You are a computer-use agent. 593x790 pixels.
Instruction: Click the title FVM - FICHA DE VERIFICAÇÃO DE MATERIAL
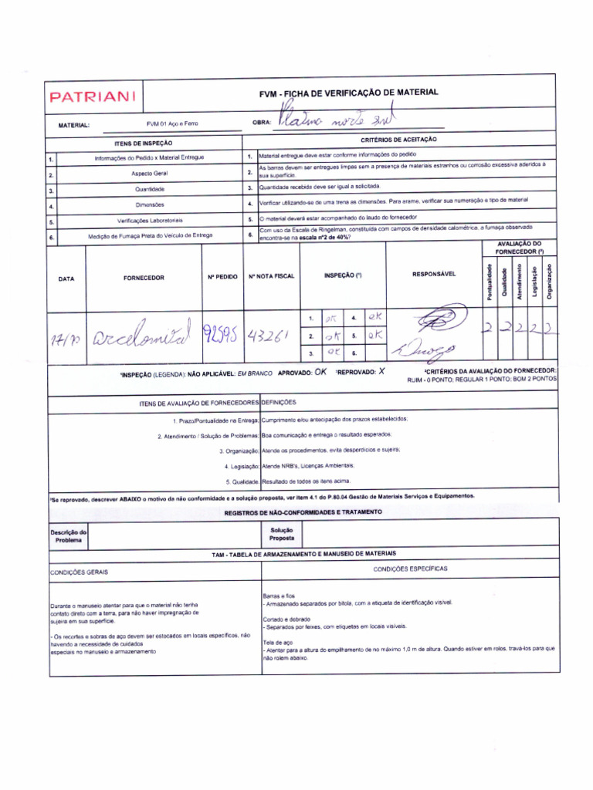pos(348,93)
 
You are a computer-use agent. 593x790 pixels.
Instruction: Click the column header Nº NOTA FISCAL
pos(271,276)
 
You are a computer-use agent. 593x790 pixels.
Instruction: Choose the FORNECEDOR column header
pos(144,278)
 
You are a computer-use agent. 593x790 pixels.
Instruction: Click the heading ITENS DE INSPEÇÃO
pos(144,143)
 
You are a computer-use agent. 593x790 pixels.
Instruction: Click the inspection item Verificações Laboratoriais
pos(150,221)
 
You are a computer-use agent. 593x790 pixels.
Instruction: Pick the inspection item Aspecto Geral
pos(148,174)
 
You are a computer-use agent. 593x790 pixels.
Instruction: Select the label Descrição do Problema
pos(69,535)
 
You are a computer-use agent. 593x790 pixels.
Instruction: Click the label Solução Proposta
pos(282,534)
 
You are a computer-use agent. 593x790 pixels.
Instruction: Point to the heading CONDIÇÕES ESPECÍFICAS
pos(410,569)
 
